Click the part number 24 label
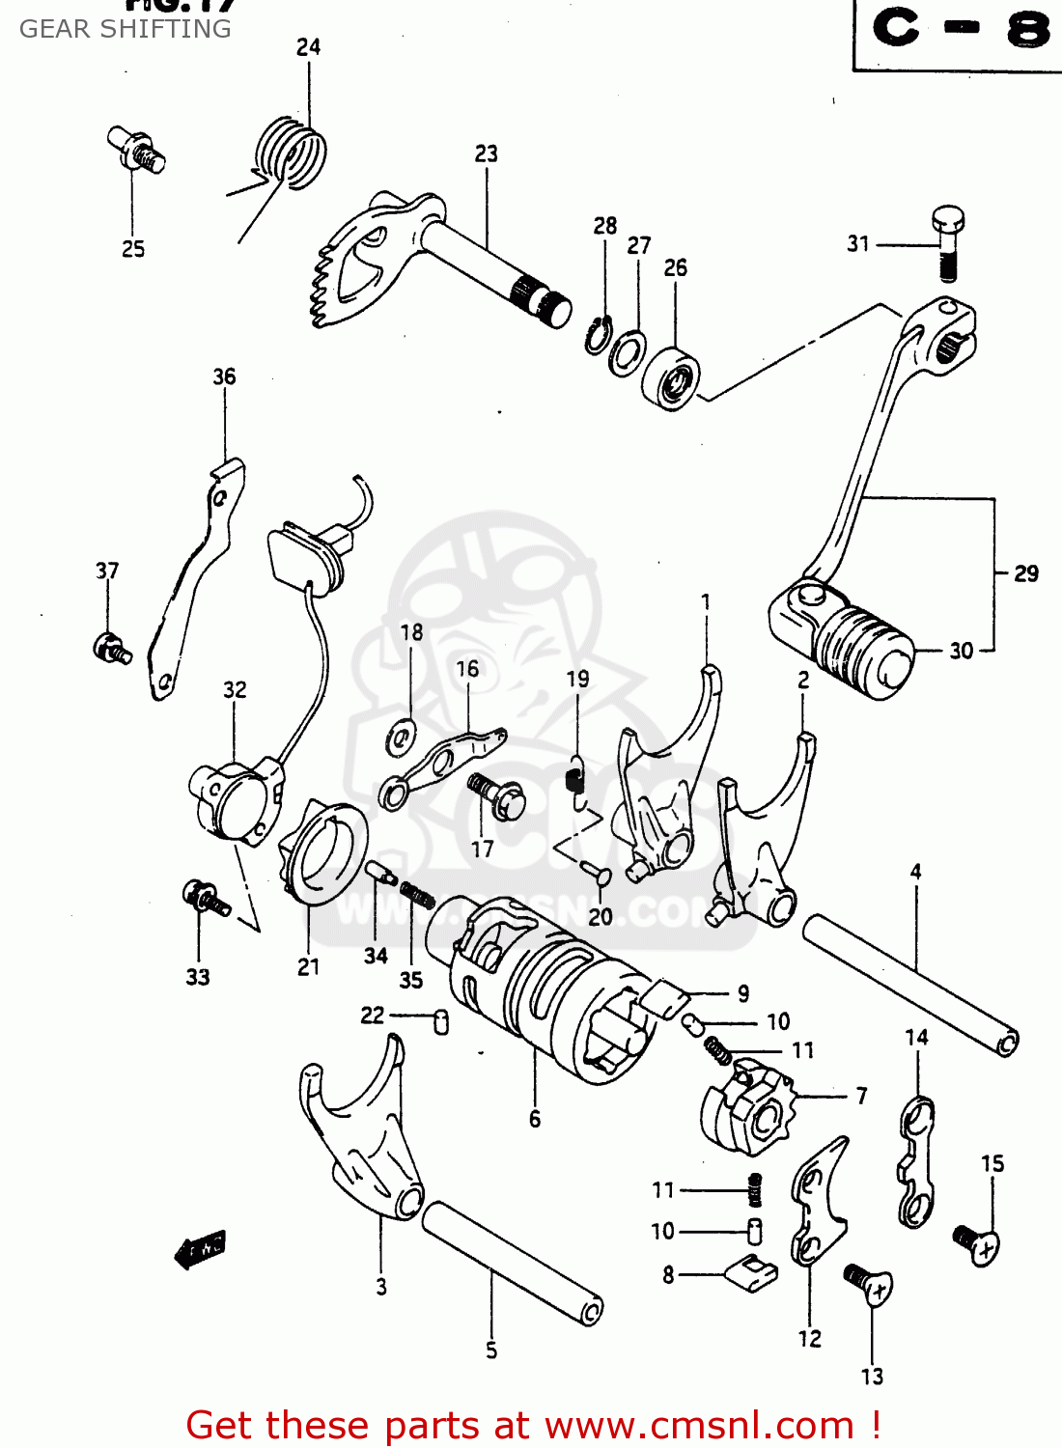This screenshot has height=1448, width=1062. point(308,46)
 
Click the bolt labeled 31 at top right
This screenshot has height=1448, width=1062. point(947,241)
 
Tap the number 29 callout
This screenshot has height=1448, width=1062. point(1026,573)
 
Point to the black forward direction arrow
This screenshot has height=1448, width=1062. point(200,1250)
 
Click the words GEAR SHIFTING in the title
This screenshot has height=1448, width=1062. point(126,29)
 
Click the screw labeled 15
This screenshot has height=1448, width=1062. point(976,1244)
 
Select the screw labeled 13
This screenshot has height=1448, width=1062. point(869,1284)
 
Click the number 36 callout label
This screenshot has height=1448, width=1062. point(224,376)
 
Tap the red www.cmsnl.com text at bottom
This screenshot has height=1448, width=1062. point(700,1425)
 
